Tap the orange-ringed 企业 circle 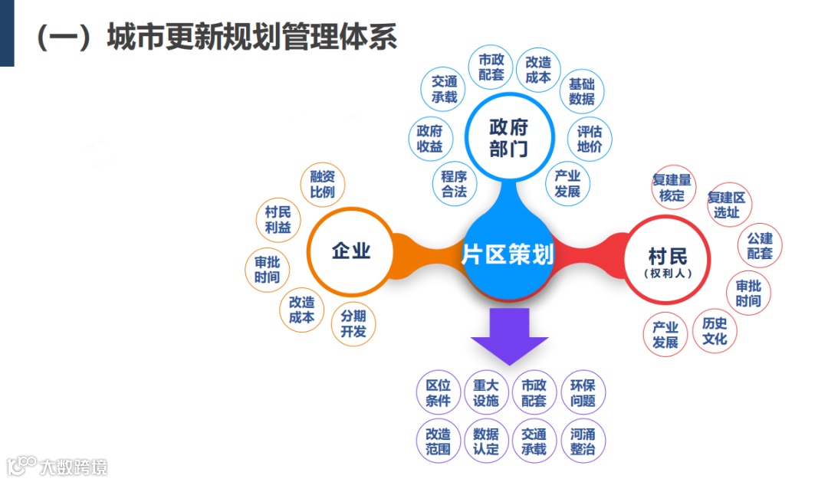[x=351, y=251]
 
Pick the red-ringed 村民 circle [x=667, y=260]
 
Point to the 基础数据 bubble [x=582, y=92]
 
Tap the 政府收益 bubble [x=429, y=139]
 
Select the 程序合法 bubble [x=454, y=184]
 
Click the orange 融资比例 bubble [x=322, y=185]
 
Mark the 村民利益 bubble [x=278, y=220]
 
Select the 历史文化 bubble [x=715, y=331]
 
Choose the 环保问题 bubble [x=583, y=393]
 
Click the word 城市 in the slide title [x=131, y=37]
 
